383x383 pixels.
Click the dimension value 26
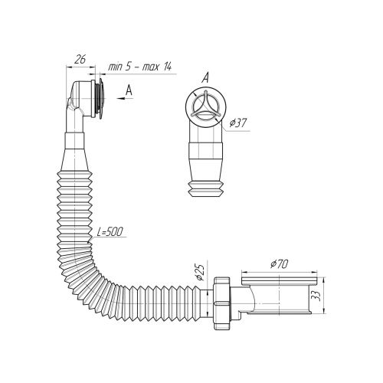80,59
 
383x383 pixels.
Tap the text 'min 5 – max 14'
140,67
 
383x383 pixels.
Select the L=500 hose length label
110,231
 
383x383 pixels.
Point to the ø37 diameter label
238,123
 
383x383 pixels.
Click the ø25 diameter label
200,272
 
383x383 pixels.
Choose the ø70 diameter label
279,264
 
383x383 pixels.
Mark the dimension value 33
316,296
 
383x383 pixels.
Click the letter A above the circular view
205,77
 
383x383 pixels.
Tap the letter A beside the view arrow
129,90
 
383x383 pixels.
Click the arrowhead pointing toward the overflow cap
120,98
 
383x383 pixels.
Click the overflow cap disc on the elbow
102,99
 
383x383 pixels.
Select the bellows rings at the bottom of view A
205,189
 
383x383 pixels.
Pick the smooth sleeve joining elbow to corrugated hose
74,141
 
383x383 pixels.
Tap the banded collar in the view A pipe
205,151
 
